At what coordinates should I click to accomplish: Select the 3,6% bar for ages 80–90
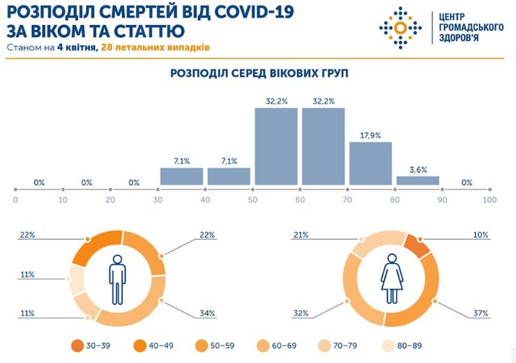[x=418, y=180]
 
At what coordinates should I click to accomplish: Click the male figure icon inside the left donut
[x=117, y=278]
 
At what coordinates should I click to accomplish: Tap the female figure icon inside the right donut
[x=392, y=278]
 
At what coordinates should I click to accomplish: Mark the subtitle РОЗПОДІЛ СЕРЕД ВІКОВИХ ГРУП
[x=259, y=73]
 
